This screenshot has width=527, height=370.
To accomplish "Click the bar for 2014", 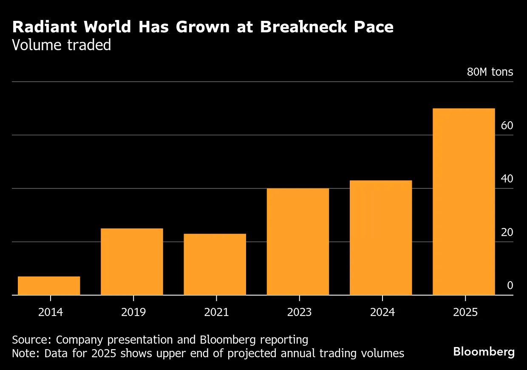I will coord(49,285).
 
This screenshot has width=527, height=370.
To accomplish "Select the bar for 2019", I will coord(132,262).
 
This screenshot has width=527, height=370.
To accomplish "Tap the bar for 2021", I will coord(215,264).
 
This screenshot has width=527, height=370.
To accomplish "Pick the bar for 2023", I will coord(298,242).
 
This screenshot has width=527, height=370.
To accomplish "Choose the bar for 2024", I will coord(381,238).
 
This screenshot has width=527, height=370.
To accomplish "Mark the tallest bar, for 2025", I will coord(464,202).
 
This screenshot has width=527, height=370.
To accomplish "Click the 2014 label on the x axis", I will coord(51,312).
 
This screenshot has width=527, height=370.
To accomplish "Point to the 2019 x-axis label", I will coord(133,312).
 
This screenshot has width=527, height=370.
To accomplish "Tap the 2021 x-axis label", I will coord(216,312).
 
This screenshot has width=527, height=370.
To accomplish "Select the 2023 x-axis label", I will coord(299,312).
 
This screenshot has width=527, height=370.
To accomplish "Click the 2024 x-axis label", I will coord(382,312).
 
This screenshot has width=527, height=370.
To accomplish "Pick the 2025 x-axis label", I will coord(465,312).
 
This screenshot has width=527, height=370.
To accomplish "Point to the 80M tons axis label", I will coord(490,72).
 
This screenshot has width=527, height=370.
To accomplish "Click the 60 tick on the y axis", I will coord(507,126).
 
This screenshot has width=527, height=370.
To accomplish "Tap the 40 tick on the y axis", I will coord(507,179).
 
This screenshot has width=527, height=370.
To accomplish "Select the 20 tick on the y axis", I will coord(507,233).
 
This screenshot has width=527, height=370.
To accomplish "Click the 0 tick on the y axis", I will coord(510,286).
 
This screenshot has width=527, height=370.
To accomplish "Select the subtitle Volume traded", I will coord(62,45).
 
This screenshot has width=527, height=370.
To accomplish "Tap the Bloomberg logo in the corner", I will coord(484,352).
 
